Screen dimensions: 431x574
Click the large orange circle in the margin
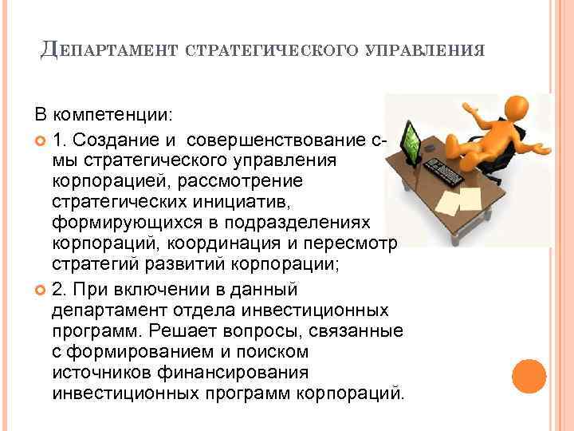click(528, 376)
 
